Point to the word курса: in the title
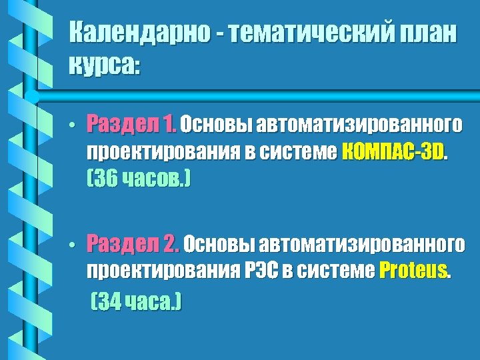105,65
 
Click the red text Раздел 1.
132,123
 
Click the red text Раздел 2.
133,243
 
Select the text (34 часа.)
135,303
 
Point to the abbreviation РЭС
267,271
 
